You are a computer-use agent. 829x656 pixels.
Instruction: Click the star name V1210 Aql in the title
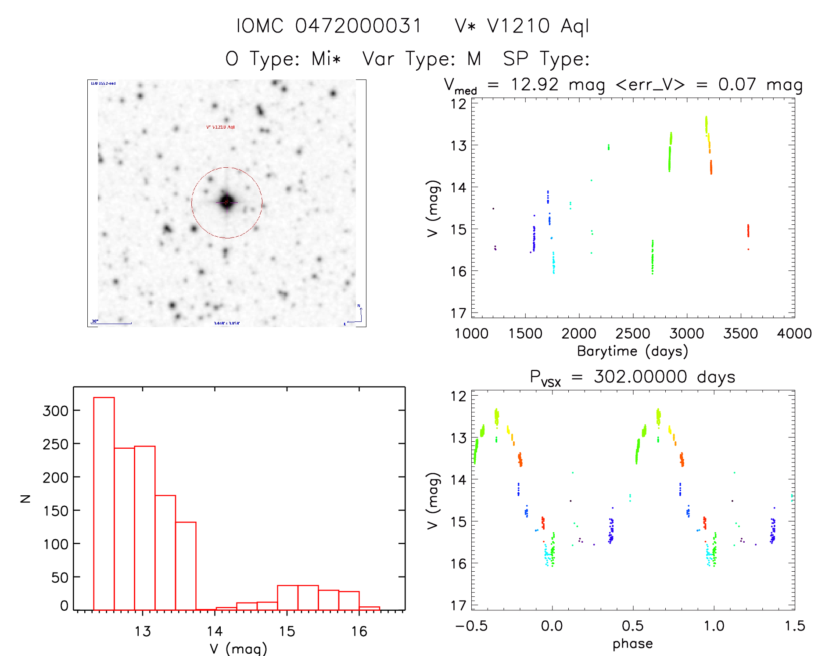coord(522,26)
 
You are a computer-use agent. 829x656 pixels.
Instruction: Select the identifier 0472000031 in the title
coord(358,26)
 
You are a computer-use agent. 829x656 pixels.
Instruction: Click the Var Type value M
coord(474,59)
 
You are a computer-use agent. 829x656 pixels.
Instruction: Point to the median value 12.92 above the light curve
coord(534,84)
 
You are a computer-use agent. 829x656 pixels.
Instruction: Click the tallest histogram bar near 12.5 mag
coord(104,503)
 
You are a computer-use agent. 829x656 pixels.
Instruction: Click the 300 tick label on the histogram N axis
coord(56,411)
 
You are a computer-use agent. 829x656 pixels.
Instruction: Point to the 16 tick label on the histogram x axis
coord(359,631)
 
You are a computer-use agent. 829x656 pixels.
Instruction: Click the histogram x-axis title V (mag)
coord(238,649)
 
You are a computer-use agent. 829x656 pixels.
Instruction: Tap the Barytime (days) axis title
coord(632,351)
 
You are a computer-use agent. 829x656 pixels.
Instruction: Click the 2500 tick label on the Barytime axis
coord(632,334)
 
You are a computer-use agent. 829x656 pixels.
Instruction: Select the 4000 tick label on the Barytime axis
coord(794,334)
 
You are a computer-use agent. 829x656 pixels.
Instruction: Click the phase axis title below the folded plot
coord(632,644)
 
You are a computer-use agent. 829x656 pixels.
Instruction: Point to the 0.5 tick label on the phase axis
coord(632,626)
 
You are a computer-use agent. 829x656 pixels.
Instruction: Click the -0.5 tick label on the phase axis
coord(471,626)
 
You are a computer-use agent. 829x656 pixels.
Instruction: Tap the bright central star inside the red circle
coord(226,202)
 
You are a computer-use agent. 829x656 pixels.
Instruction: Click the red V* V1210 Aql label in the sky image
coord(220,127)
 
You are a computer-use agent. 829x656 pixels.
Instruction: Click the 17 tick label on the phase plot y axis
coord(458,606)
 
